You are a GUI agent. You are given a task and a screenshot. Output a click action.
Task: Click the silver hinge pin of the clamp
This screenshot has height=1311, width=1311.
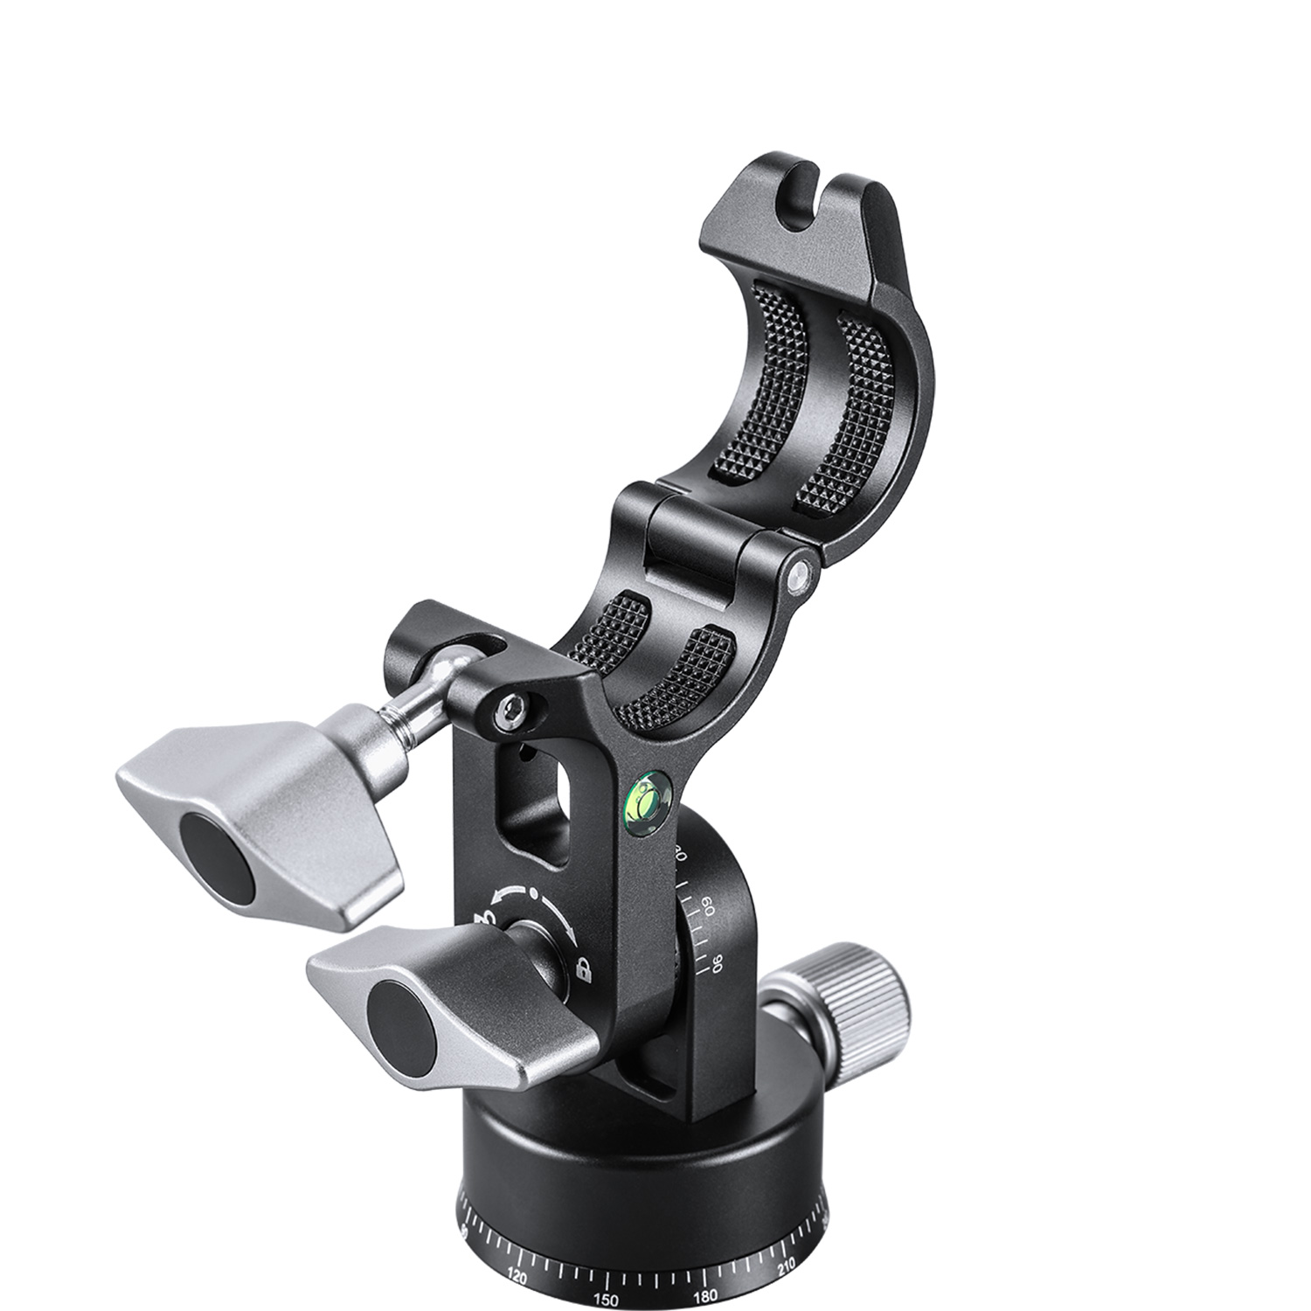tap(796, 575)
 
